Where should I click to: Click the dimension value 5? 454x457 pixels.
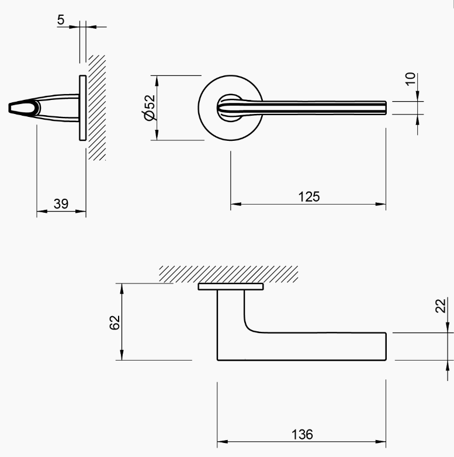coord(61,20)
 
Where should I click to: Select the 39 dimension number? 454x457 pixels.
coord(61,203)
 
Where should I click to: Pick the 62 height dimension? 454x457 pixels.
coord(115,322)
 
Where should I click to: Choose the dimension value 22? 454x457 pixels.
coord(442,306)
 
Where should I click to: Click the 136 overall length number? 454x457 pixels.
coord(301,435)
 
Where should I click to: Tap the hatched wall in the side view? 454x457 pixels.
coord(97,108)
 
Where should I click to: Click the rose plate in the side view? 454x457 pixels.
coord(83,108)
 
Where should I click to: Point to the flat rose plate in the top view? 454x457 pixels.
coord(231,287)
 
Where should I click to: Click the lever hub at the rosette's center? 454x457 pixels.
coord(229,108)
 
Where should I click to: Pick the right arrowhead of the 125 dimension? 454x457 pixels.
coord(382,205)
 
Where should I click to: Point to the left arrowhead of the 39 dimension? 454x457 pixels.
coord(40,212)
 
